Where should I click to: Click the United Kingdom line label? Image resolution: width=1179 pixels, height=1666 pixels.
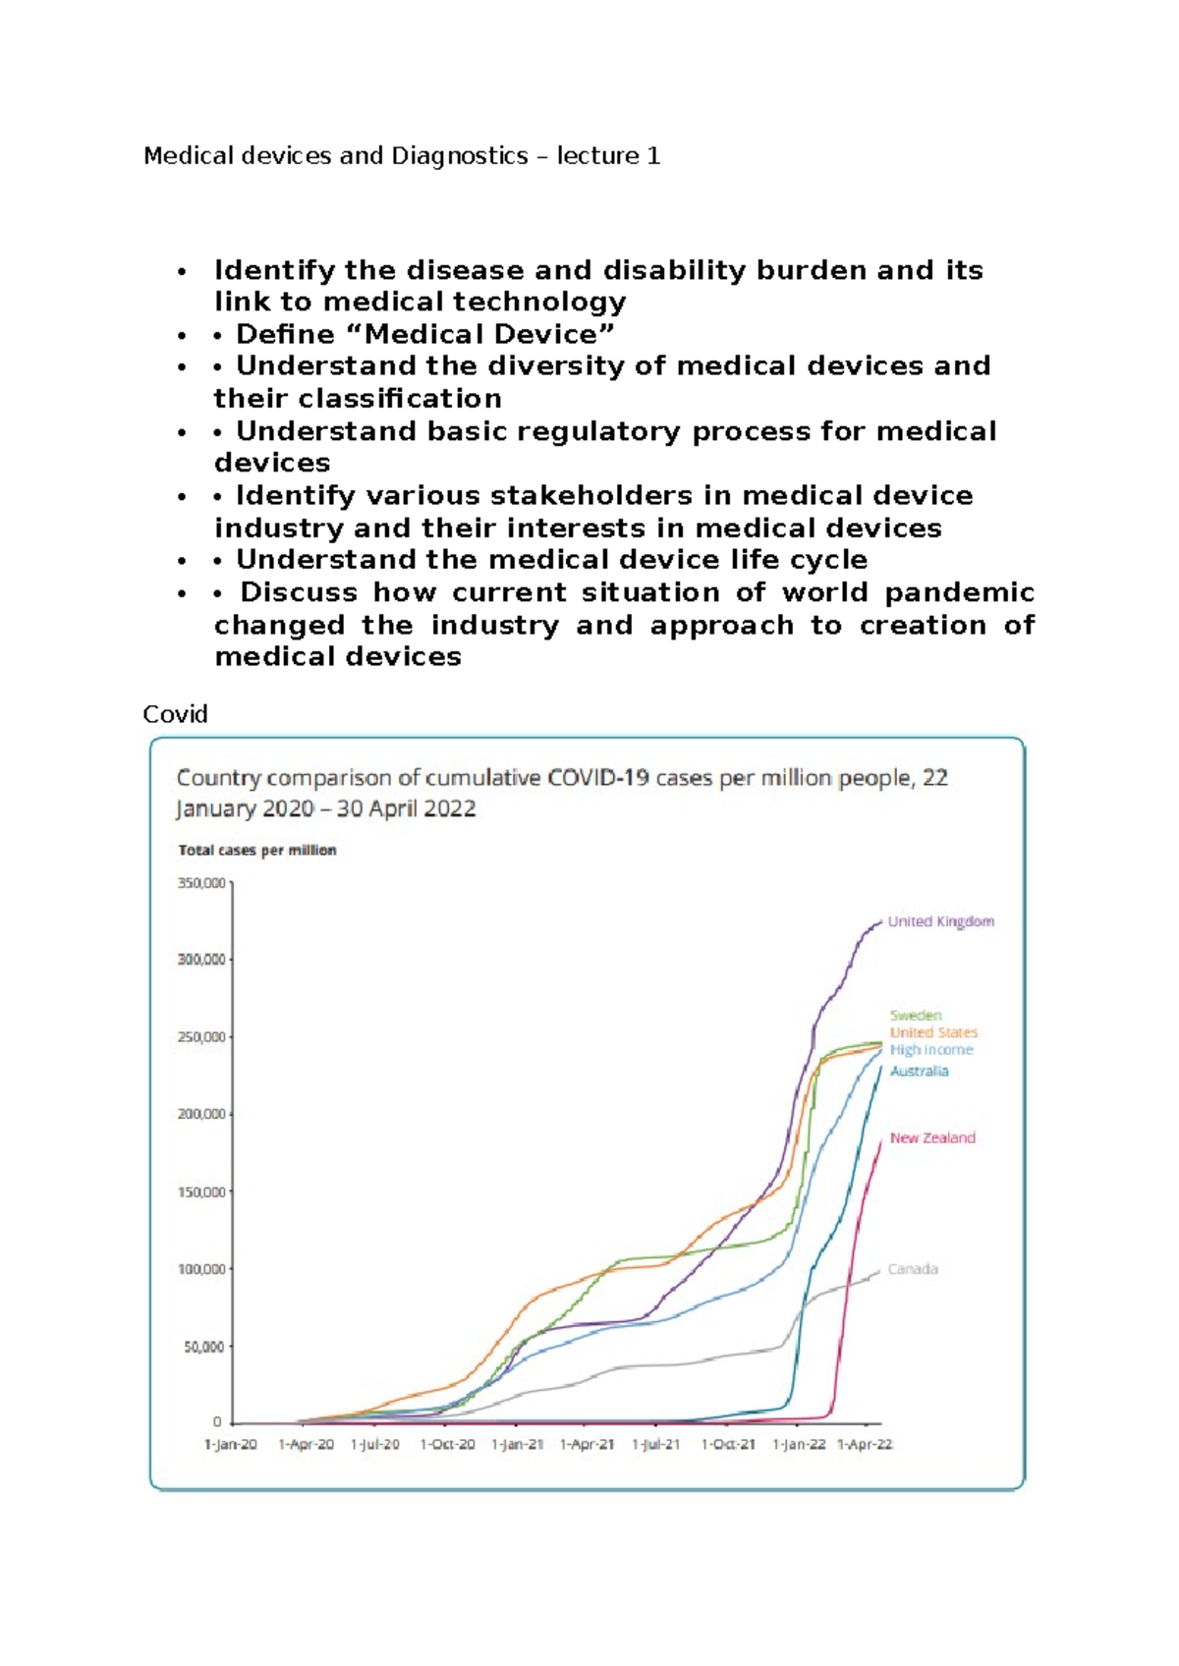click(x=940, y=921)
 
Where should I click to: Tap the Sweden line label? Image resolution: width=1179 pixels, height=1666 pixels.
click(x=916, y=1015)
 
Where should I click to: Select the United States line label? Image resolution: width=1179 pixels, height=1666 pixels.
click(x=933, y=1032)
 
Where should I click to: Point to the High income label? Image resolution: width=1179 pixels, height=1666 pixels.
click(x=931, y=1050)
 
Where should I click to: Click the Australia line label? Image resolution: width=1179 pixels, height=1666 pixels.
click(x=919, y=1071)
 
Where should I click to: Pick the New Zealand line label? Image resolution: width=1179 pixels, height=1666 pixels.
click(x=932, y=1138)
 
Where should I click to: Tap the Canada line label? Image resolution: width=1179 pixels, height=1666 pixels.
click(x=912, y=1269)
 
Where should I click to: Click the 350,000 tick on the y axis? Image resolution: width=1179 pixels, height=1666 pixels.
click(x=201, y=883)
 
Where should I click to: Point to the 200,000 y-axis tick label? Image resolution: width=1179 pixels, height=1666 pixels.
click(x=201, y=1114)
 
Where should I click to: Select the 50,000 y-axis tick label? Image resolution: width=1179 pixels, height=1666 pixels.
click(x=204, y=1347)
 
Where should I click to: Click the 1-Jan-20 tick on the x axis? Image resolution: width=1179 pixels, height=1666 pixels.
click(x=231, y=1444)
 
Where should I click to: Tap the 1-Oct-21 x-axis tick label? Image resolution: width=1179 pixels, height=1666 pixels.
click(x=728, y=1444)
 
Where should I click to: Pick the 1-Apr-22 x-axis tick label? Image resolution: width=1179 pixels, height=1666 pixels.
click(x=865, y=1444)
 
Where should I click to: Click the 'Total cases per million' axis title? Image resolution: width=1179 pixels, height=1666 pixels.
click(x=257, y=851)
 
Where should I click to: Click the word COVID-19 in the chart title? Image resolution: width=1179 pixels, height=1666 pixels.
click(x=598, y=778)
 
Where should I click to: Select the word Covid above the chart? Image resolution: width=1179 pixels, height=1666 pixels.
click(x=175, y=714)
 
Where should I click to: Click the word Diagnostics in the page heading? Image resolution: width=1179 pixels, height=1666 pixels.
click(x=460, y=155)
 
